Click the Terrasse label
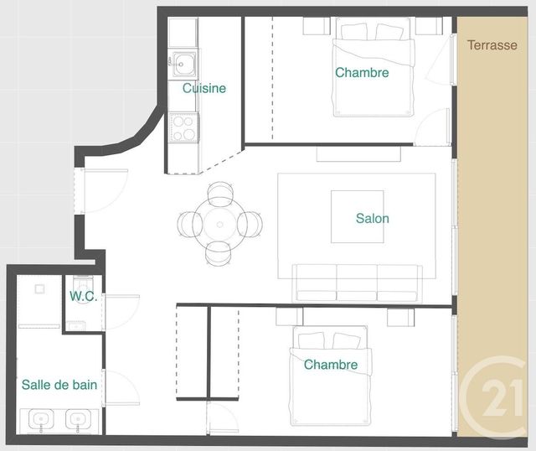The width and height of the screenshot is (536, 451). click(x=492, y=45)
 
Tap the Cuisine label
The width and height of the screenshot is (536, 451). click(x=204, y=88)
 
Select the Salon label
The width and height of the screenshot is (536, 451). click(x=372, y=219)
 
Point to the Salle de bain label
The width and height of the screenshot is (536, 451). click(x=59, y=385)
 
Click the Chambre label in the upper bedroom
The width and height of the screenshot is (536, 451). click(x=362, y=73)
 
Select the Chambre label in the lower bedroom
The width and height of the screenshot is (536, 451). click(x=331, y=365)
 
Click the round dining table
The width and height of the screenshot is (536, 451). click(x=220, y=224)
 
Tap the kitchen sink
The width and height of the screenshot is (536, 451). click(x=182, y=62)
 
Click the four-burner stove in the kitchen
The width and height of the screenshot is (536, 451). click(x=183, y=127)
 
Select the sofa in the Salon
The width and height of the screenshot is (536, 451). click(x=358, y=283)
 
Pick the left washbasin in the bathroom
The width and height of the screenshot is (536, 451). click(x=39, y=417)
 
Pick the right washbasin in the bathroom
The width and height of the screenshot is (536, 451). click(x=78, y=417)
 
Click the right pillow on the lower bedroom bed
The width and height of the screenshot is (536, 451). click(x=346, y=340)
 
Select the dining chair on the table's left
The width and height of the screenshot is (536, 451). click(x=188, y=224)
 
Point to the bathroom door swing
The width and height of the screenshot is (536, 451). click(x=120, y=387)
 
